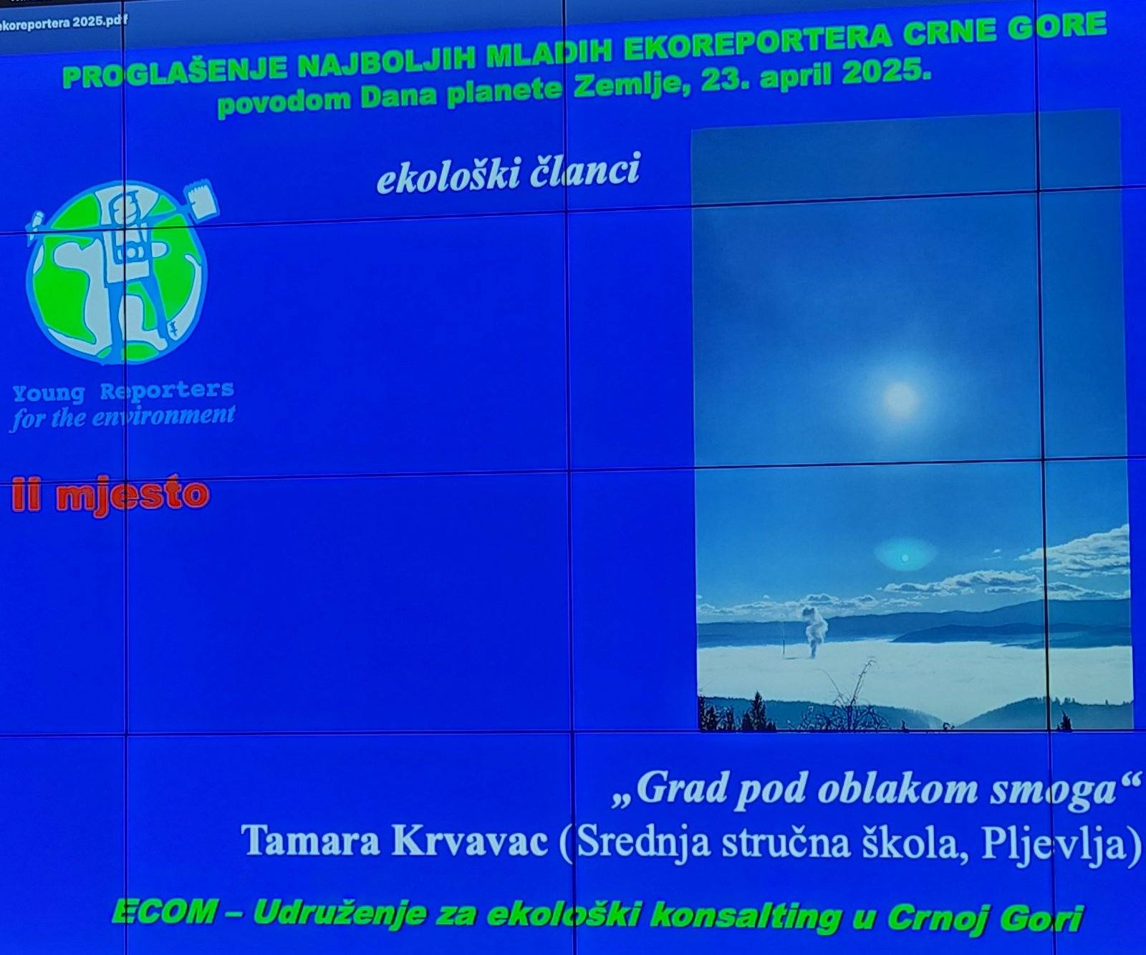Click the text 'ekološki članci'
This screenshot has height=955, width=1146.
(508, 173)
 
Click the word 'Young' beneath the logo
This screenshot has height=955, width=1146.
(48, 393)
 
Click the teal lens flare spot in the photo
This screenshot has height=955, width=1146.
(904, 557)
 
